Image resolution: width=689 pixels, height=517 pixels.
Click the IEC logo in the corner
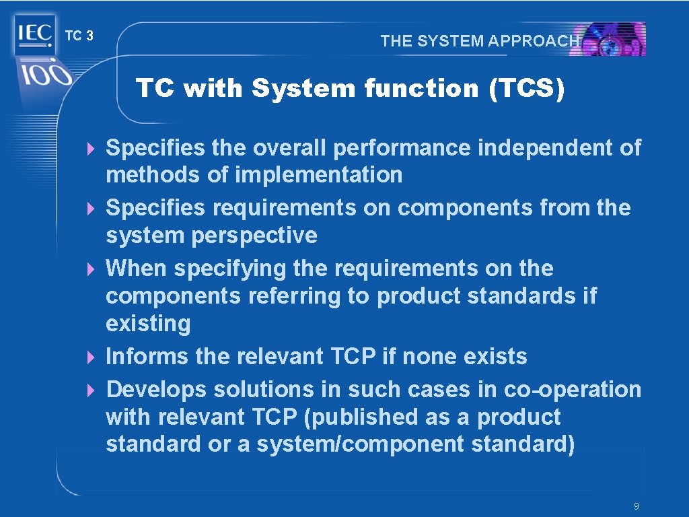[33, 34]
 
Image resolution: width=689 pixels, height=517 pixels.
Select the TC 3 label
[79, 36]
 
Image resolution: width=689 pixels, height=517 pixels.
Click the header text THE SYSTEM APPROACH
[479, 40]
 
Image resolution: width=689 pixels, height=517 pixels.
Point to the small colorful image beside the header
[613, 39]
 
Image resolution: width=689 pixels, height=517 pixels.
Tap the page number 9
[636, 506]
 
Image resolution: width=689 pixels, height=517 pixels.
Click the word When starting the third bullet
[137, 269]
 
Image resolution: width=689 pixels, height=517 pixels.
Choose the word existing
[148, 324]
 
